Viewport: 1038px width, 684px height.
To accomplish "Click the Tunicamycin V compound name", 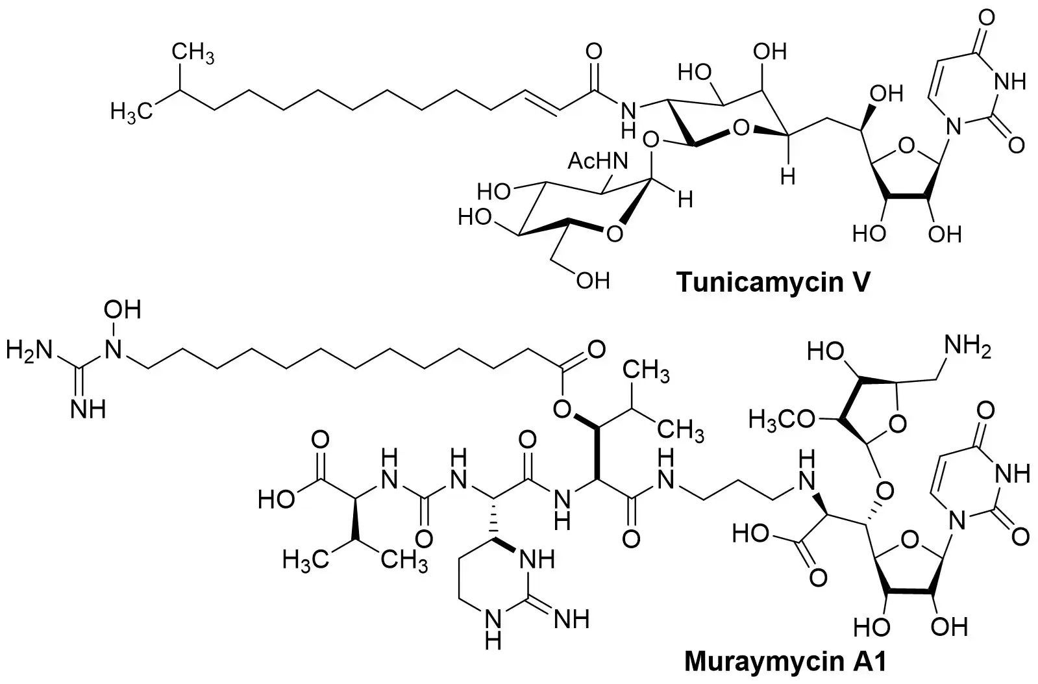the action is click(x=773, y=281).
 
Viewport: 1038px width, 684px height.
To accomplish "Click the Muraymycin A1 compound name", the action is click(x=785, y=661).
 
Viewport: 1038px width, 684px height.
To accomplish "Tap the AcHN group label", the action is click(x=598, y=161).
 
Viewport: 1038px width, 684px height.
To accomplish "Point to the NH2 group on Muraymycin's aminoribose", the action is click(x=967, y=348).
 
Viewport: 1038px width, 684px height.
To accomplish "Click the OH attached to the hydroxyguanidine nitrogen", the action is click(x=122, y=309).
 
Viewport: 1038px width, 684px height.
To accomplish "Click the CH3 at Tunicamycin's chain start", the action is click(x=193, y=53).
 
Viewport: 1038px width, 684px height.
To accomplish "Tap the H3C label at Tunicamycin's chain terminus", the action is click(x=131, y=112).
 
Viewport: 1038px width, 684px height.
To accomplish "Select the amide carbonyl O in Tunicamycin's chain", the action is click(x=593, y=51).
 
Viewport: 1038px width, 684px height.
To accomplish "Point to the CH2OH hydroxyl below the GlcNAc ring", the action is click(x=593, y=280).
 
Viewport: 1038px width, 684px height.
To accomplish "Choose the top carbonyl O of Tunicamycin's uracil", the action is click(x=987, y=18).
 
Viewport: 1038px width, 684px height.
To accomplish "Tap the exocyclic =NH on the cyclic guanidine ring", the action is click(x=571, y=619).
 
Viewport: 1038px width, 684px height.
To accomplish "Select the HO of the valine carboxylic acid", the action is click(x=276, y=500).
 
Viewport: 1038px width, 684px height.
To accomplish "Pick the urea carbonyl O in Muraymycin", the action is click(x=423, y=539).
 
